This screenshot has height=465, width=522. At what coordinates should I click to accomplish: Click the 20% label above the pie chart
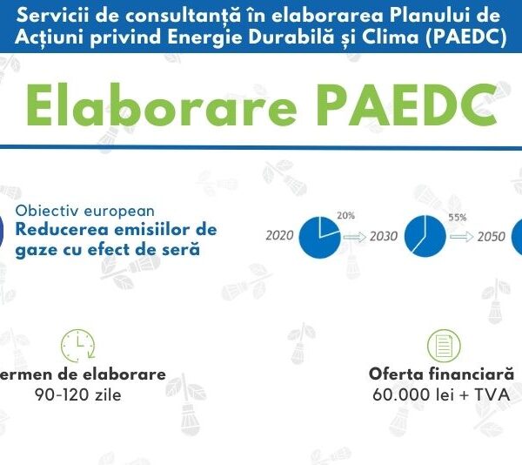(346, 215)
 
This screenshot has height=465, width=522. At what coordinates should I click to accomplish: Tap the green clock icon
(77, 346)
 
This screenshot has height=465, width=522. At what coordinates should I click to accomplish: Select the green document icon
(444, 346)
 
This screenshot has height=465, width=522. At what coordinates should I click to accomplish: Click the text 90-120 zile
(90, 394)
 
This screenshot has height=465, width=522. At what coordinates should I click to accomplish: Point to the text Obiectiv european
(84, 211)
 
